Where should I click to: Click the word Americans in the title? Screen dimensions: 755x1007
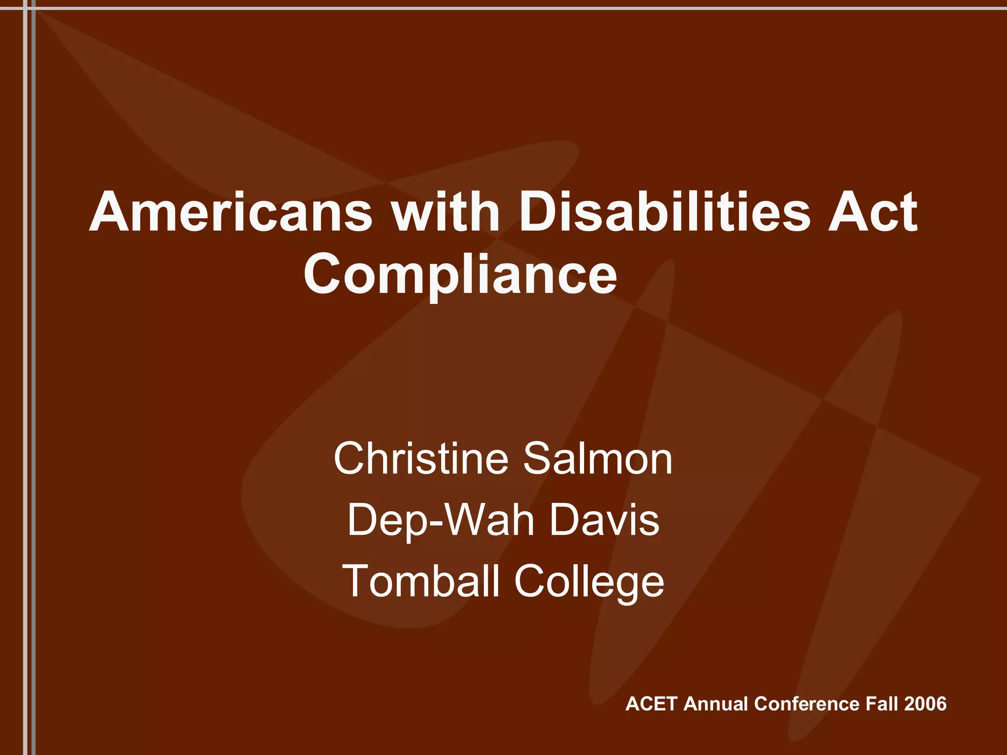pos(231,212)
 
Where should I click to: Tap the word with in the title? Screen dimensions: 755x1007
pos(445,212)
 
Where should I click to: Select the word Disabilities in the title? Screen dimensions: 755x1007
pos(664,212)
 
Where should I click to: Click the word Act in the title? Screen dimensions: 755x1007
pos(873,212)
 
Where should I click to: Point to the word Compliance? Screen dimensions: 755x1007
pos(460,274)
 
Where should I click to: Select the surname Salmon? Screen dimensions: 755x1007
pos(597,458)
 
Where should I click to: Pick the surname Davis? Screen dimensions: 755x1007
pos(604,520)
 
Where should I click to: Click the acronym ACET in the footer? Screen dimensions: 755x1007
pos(652,704)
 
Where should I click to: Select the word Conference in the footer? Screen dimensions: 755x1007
pos(806,704)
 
